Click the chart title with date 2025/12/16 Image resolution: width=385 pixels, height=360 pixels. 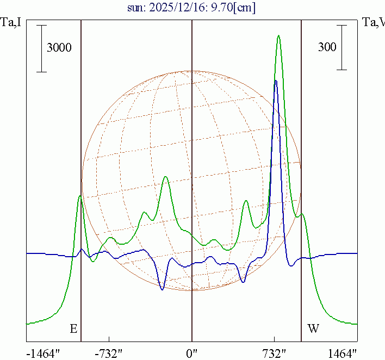192,9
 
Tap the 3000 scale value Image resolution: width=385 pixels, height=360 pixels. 59,48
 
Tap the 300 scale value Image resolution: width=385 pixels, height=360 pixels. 327,47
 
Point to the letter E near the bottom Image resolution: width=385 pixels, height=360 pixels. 73,328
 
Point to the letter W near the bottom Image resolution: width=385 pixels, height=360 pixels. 314,328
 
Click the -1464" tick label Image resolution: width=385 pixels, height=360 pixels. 44,353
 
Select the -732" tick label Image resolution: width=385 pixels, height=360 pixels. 109,353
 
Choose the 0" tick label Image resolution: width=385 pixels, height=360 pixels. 192,353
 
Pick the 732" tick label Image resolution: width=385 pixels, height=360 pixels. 275,353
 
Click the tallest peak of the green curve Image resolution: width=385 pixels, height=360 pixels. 278,36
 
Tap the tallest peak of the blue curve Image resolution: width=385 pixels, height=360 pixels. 276,81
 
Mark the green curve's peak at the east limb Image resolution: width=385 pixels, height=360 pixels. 80,196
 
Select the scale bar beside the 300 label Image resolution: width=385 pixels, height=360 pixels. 341,47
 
